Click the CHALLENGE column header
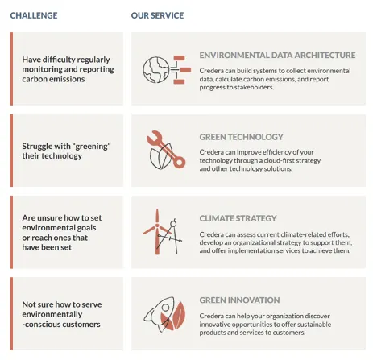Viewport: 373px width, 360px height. (34, 15)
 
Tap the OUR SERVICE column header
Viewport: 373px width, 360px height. (157, 15)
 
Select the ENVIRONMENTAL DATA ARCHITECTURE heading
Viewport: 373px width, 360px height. (277, 55)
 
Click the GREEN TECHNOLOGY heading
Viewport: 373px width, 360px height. (241, 137)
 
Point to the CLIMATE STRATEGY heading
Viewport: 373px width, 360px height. (238, 218)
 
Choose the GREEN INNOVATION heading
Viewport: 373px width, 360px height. (239, 300)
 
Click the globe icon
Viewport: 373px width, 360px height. (156, 70)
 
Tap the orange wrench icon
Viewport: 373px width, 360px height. (166, 149)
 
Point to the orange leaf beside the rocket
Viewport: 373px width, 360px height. (179, 315)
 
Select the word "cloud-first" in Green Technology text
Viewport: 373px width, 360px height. (279, 160)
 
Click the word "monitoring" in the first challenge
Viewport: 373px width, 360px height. (42, 69)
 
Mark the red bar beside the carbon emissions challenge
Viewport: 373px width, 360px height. (11, 68)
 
